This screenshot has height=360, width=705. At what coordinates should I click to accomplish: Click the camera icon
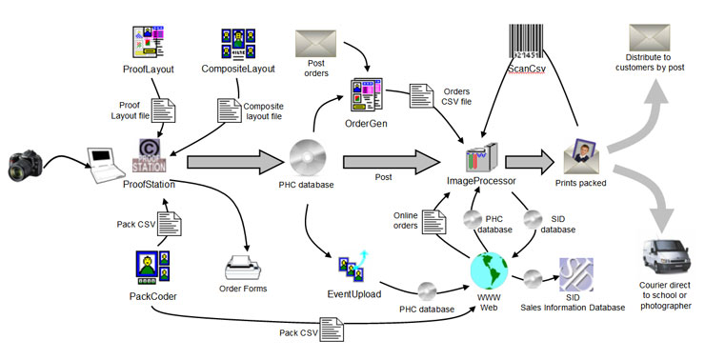pyautogui.click(x=29, y=165)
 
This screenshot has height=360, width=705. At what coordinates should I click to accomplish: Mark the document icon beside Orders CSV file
pyautogui.click(x=420, y=96)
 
